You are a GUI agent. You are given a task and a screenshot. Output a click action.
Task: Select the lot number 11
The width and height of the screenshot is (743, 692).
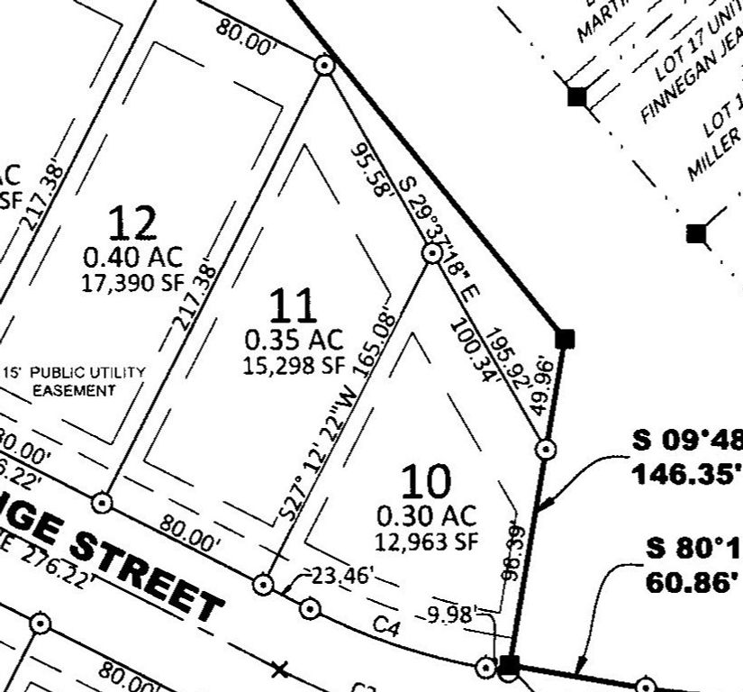point(294,306)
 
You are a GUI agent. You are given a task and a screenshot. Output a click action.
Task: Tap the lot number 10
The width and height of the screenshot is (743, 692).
point(425,484)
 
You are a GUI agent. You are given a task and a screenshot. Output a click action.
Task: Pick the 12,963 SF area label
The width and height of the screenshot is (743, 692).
point(426,542)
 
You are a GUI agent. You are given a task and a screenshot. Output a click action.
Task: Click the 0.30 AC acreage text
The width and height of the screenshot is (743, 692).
point(426,516)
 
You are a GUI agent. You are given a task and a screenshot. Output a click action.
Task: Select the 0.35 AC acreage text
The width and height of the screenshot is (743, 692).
point(294,340)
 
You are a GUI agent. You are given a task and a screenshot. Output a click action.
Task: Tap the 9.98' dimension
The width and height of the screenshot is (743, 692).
point(451,616)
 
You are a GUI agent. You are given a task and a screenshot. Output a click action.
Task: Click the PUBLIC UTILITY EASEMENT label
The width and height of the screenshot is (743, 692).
point(75,381)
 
